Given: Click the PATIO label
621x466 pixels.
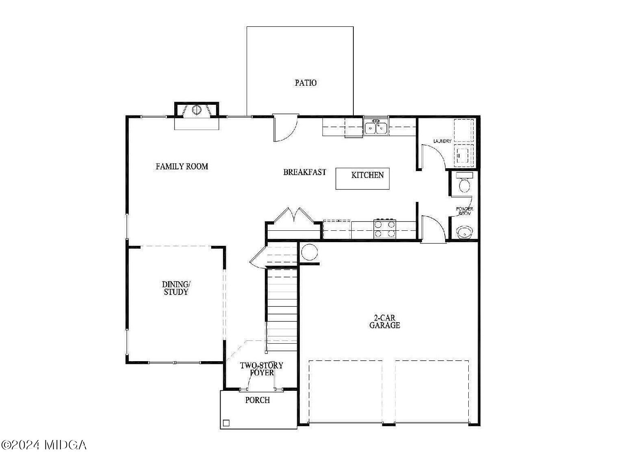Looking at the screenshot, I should (x=305, y=83).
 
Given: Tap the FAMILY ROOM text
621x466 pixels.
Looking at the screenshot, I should (x=182, y=166).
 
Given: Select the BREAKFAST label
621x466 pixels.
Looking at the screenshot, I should (x=304, y=172).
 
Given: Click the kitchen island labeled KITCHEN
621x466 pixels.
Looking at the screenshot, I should (x=363, y=179).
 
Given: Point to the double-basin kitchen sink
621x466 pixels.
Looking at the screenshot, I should (x=376, y=127).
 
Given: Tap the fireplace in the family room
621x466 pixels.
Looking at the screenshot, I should (x=197, y=110).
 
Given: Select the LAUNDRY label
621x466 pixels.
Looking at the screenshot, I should (x=442, y=141).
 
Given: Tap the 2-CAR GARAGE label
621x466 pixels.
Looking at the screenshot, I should (x=384, y=321).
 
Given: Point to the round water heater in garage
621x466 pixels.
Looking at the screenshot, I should (x=309, y=253).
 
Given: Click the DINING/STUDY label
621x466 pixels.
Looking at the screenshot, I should (x=175, y=288).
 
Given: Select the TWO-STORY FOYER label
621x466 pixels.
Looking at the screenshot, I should (x=262, y=369).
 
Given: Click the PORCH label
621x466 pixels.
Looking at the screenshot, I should (x=257, y=400).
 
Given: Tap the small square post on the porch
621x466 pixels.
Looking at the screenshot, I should (x=226, y=423).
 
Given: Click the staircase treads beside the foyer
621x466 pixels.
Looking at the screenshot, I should (x=282, y=309).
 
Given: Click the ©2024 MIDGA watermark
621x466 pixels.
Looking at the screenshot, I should (x=44, y=445).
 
